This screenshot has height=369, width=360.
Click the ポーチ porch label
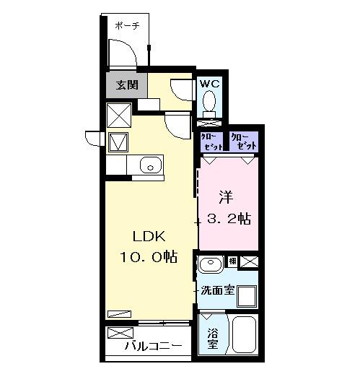pyautogui.click(x=127, y=25)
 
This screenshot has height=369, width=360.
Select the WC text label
pyautogui.click(x=209, y=84)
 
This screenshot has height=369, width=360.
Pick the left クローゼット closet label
pyautogui.click(x=212, y=141)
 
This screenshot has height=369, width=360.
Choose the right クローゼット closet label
pyautogui.click(x=243, y=141)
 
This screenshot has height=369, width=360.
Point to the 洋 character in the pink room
pyautogui.click(x=227, y=195)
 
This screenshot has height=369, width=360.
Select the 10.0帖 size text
pyautogui.click(x=149, y=256)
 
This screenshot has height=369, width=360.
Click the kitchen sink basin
pyautogui.click(x=149, y=165)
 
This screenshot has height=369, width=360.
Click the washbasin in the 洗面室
pyautogui.click(x=211, y=264)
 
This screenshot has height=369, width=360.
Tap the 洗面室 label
pyautogui.click(x=218, y=291)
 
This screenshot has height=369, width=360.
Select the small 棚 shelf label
pyautogui.click(x=233, y=261)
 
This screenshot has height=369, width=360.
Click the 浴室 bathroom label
pyautogui.click(x=212, y=339)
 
